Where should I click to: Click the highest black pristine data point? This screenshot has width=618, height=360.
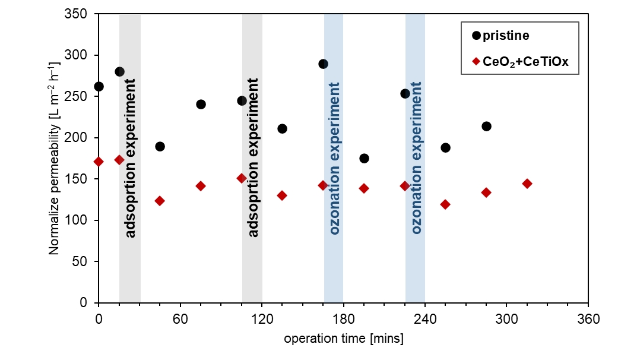pos(323,64)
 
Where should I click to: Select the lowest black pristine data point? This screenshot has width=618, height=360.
pos(364,159)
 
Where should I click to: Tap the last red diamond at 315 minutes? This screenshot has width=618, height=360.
pos(527,184)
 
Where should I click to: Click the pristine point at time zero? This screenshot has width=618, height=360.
pos(99,87)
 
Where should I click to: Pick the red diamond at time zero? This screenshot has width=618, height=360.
pos(99,162)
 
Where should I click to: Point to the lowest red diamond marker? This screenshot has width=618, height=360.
pos(445,204)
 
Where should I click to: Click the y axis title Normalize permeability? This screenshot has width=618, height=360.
pos(55,158)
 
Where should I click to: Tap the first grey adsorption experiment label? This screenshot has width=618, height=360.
pos(131,157)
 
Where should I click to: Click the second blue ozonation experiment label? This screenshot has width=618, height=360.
pos(416,157)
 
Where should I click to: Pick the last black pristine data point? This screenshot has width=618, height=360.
pos(486,127)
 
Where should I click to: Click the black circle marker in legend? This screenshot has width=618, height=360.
pos(476,36)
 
